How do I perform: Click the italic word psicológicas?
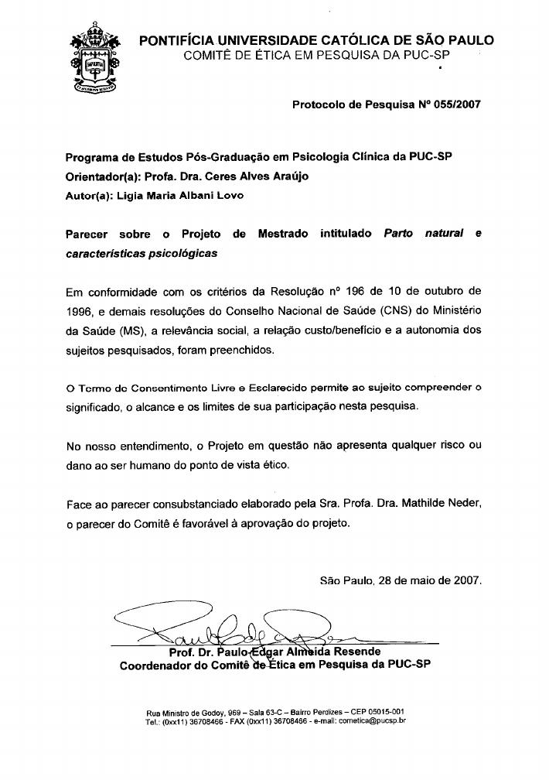pos(179,253)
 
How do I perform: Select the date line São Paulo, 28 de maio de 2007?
pos(401,580)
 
